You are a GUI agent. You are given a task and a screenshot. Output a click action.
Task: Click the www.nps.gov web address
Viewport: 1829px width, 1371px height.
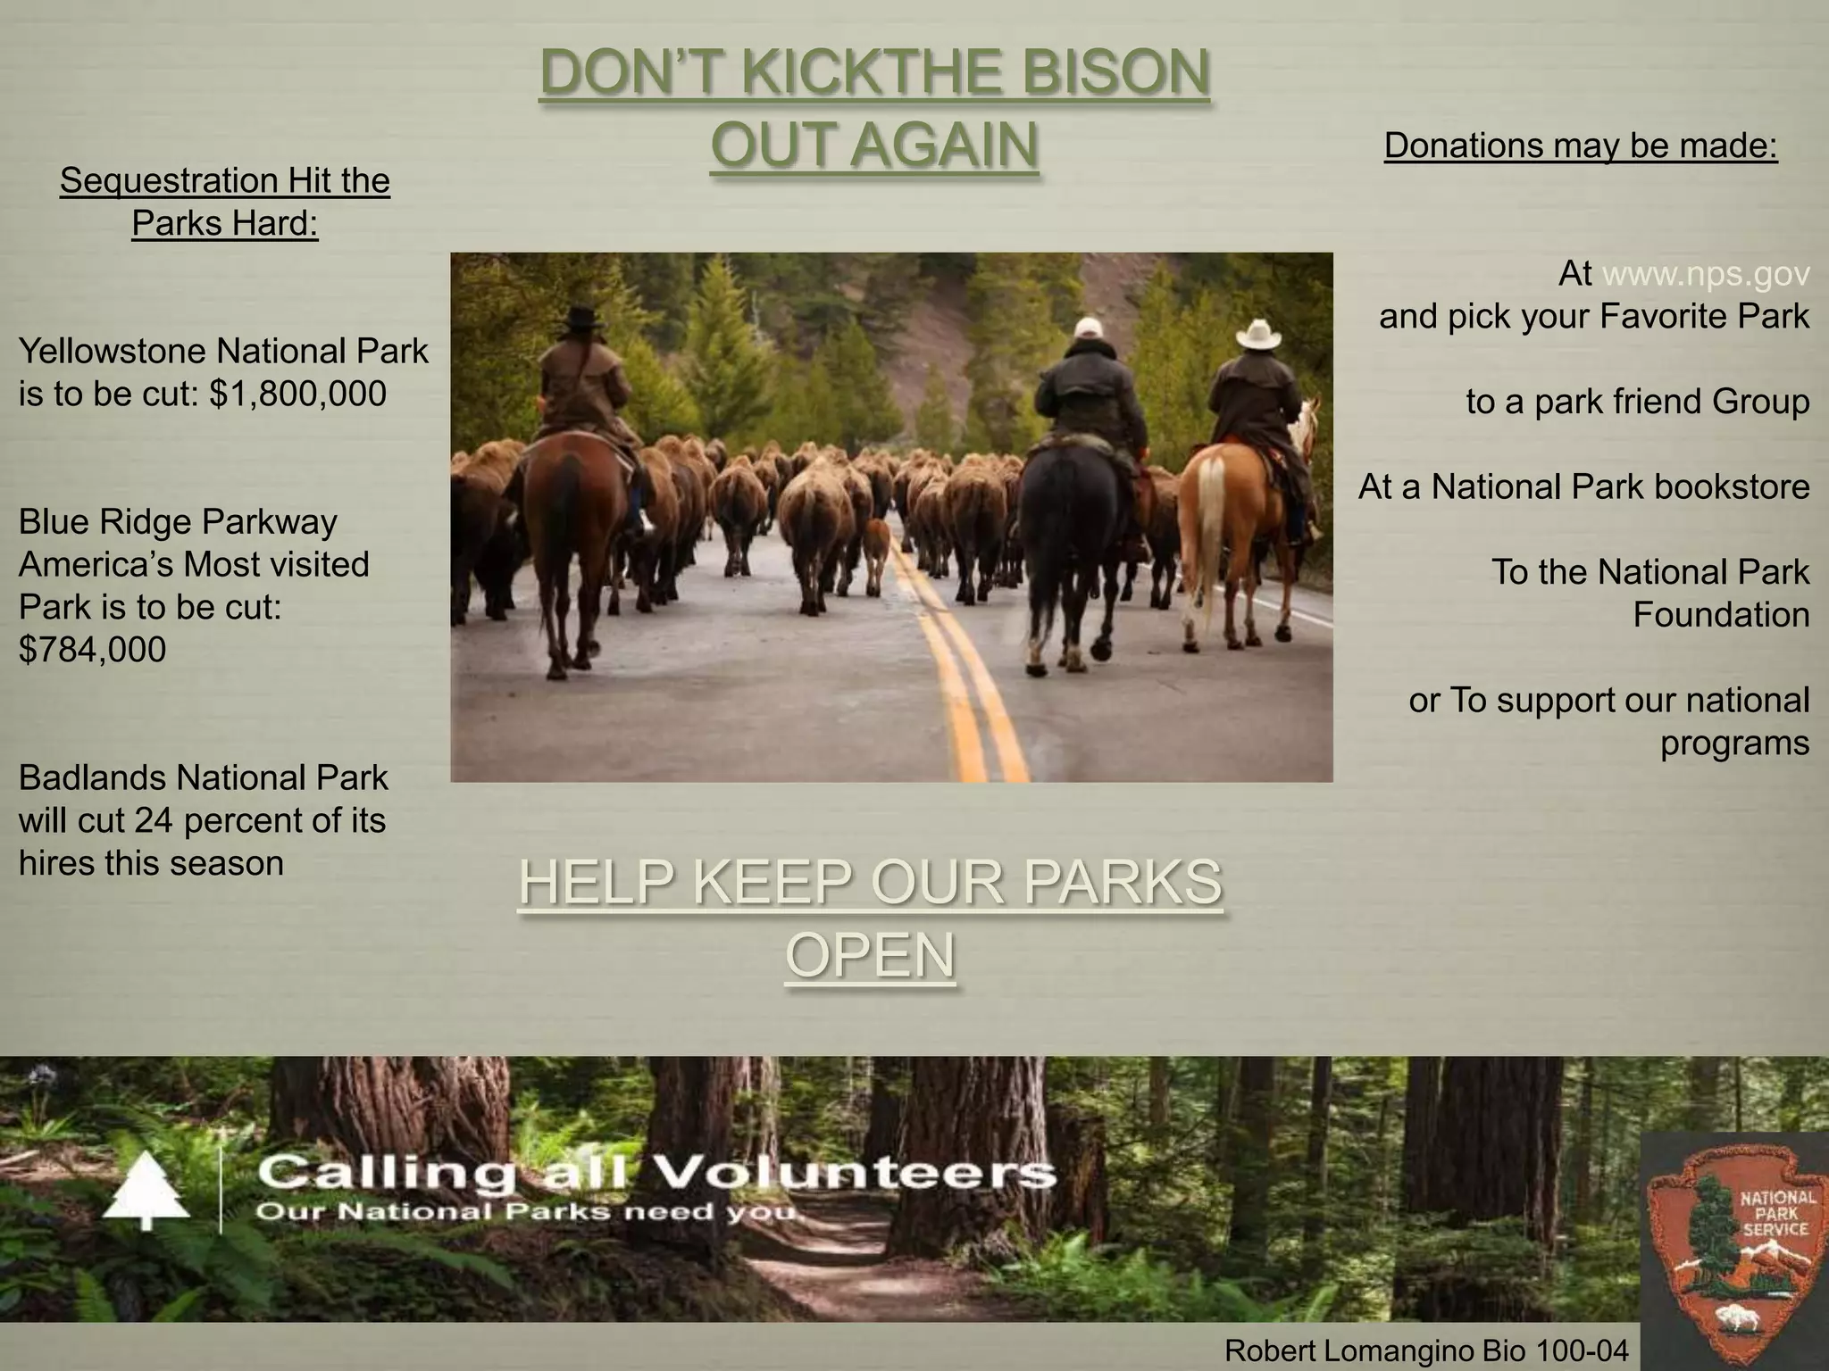tap(1706, 274)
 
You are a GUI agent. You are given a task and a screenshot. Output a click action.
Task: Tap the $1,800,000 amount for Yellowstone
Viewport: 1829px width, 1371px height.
tap(297, 394)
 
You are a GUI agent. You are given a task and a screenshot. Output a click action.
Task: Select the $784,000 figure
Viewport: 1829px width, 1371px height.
tap(92, 650)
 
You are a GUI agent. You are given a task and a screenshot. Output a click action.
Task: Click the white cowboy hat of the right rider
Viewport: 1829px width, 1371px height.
tap(1259, 334)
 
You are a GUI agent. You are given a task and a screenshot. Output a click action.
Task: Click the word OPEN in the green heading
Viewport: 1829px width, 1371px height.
tap(870, 955)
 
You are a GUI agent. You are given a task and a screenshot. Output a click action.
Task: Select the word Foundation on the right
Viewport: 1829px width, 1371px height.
tap(1721, 615)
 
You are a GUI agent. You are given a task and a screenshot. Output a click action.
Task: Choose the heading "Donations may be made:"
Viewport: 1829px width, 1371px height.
tap(1581, 145)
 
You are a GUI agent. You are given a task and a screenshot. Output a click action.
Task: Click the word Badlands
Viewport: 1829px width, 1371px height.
tap(92, 778)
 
